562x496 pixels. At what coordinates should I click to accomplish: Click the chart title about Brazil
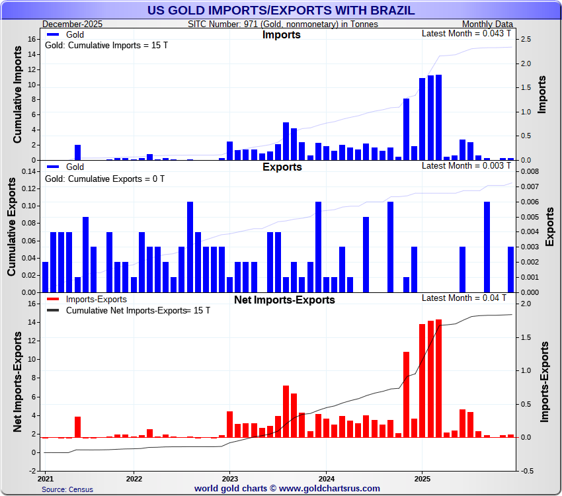(x=281, y=10)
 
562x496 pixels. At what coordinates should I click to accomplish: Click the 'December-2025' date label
(x=72, y=24)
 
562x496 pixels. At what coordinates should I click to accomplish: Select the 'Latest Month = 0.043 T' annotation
(x=467, y=34)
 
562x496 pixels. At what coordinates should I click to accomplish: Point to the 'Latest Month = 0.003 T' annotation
(x=467, y=165)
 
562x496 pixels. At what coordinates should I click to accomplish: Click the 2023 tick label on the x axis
(x=229, y=478)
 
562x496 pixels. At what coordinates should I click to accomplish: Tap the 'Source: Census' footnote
(x=67, y=489)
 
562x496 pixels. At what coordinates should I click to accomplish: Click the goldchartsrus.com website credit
(x=287, y=489)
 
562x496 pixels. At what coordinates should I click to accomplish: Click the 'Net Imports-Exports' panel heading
(x=284, y=300)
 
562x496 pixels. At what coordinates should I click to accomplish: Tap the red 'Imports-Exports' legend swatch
(x=54, y=300)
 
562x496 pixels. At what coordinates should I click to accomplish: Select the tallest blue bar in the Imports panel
(x=438, y=117)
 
